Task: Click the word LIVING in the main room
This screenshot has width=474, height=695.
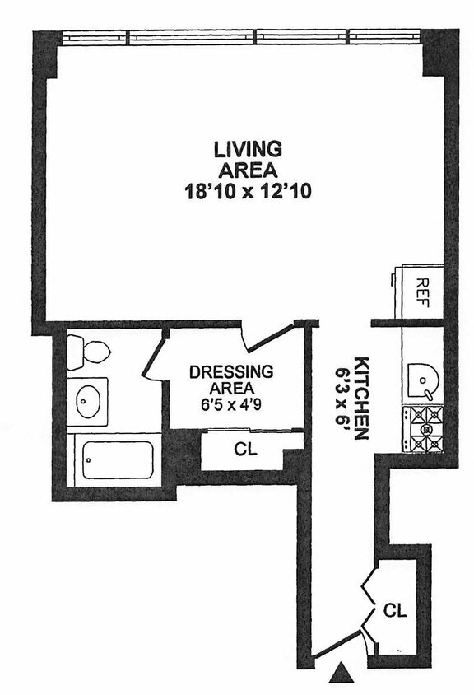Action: tap(248, 149)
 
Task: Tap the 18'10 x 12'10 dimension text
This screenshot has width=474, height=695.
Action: tap(248, 192)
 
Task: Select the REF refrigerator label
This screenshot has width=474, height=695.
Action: tap(422, 292)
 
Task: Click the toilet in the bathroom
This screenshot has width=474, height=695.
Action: tap(88, 352)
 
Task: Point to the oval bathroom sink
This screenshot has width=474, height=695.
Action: tap(88, 401)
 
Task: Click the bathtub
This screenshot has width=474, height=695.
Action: tap(118, 460)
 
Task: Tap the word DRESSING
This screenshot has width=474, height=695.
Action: tap(231, 372)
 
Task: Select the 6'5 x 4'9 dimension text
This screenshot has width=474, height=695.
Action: tap(230, 405)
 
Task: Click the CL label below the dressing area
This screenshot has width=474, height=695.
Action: tap(245, 450)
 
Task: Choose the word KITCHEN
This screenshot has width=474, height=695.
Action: tap(361, 398)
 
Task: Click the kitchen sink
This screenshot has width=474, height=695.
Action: tap(423, 381)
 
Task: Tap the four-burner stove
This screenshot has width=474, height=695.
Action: tap(423, 430)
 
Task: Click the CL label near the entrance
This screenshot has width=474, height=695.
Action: tap(395, 611)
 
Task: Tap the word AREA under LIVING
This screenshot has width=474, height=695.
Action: tap(249, 170)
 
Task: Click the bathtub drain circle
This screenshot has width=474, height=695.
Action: tap(89, 460)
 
